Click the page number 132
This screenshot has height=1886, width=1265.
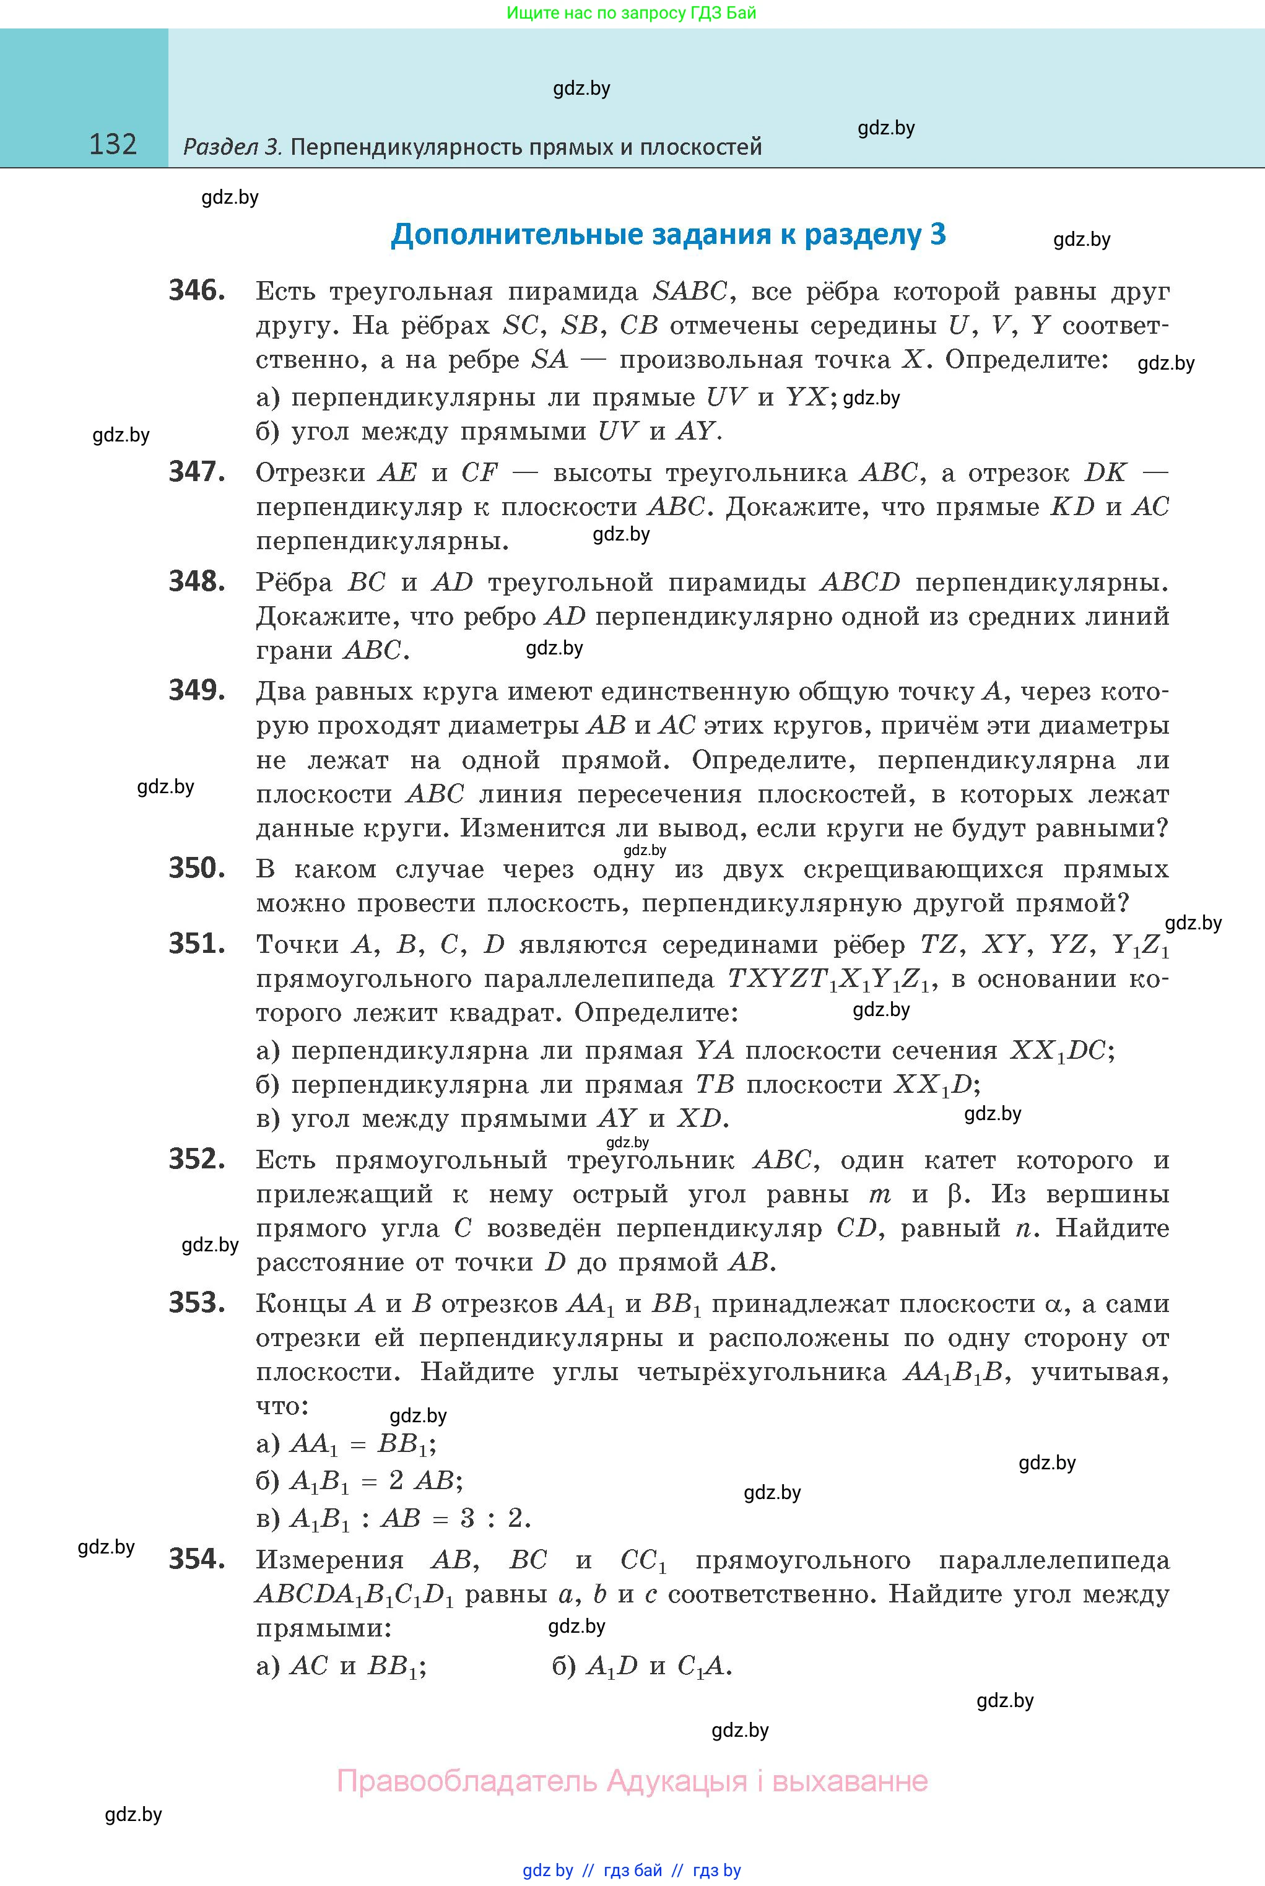113,144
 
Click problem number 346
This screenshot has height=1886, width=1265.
196,290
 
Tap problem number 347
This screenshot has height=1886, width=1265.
196,471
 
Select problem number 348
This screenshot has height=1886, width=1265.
196,581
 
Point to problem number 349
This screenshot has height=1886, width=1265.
196,690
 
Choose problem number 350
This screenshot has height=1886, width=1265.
196,868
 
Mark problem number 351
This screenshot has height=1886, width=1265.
196,943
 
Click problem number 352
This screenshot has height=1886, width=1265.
196,1159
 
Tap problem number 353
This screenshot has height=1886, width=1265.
196,1303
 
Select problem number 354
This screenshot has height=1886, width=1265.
196,1558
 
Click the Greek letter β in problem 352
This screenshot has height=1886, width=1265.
955,1194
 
